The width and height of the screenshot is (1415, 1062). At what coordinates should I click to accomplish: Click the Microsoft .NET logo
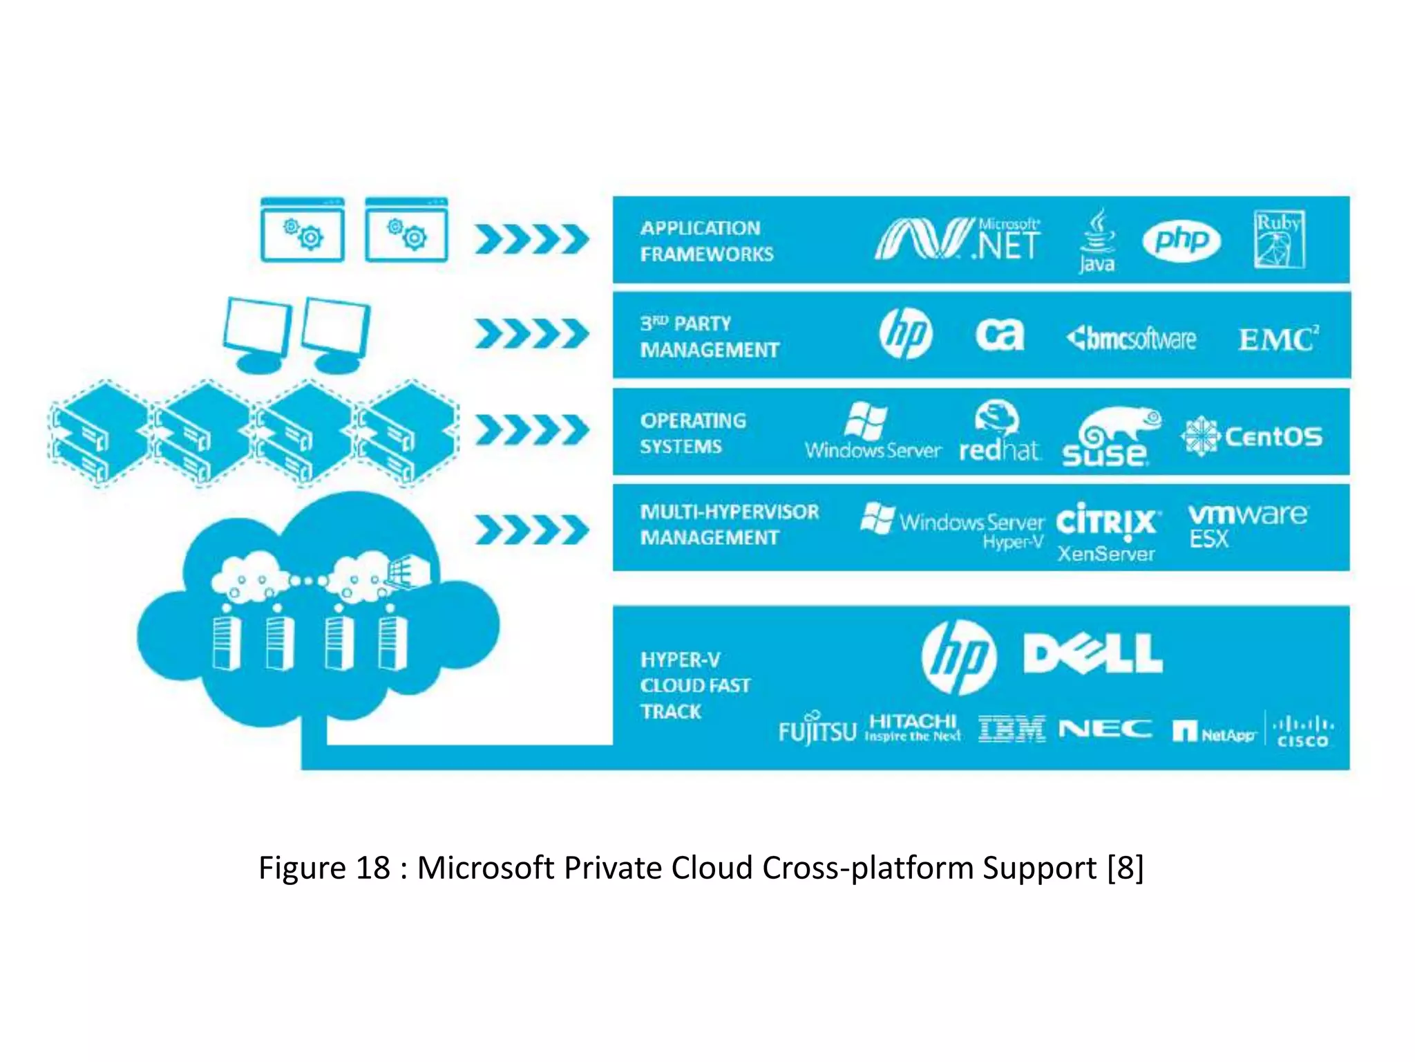click(957, 239)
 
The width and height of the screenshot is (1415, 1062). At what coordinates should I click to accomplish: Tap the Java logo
click(1096, 241)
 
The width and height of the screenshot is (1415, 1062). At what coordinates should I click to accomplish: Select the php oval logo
click(1181, 241)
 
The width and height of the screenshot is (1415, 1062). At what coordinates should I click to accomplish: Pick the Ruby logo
click(1279, 239)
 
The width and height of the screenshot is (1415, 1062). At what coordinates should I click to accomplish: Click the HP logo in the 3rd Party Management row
click(905, 334)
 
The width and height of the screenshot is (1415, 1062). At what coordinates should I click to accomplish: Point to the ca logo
click(999, 335)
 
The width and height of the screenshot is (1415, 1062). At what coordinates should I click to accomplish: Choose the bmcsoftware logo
click(1131, 338)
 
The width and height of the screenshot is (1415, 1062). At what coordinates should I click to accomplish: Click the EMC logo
click(1278, 339)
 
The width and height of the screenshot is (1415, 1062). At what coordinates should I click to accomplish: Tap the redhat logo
click(998, 431)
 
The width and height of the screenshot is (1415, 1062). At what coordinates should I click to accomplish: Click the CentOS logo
click(1251, 436)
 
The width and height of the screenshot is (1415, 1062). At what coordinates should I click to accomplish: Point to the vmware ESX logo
click(1246, 525)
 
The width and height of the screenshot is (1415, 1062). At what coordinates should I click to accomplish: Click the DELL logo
click(1092, 653)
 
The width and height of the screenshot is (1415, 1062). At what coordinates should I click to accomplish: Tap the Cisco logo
click(1302, 732)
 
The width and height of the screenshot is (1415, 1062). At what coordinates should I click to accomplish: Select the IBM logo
click(1012, 729)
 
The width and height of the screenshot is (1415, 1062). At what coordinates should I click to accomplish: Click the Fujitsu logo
click(817, 730)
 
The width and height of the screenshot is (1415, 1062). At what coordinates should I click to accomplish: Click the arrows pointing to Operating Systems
click(531, 430)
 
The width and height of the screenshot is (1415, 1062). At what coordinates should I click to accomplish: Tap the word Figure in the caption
click(301, 868)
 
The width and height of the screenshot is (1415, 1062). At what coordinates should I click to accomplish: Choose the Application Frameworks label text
click(706, 241)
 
